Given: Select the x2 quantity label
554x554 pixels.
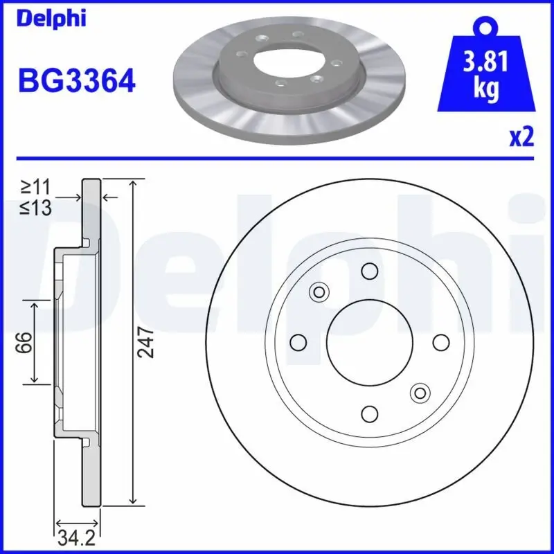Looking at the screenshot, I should pyautogui.click(x=522, y=137).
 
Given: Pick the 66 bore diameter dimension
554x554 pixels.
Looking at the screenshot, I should pyautogui.click(x=23, y=342).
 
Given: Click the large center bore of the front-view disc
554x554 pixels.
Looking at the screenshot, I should pyautogui.click(x=370, y=342).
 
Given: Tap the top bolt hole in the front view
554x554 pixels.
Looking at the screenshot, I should pyautogui.click(x=370, y=271).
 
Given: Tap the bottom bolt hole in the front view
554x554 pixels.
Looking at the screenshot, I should pyautogui.click(x=370, y=413).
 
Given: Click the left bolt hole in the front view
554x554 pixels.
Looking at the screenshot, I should pyautogui.click(x=298, y=342).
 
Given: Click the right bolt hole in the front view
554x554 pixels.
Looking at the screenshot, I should pyautogui.click(x=441, y=342).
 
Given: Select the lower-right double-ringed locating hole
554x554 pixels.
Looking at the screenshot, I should pyautogui.click(x=420, y=393).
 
